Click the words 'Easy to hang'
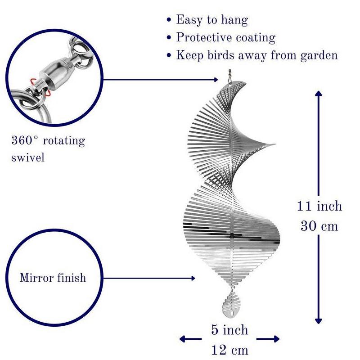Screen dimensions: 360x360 tap(211, 20)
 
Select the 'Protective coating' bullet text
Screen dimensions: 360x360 tap(225, 37)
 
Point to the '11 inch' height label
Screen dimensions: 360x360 tap(319, 206)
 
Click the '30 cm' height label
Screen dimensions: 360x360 tap(319, 225)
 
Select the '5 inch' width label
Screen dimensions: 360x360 tap(229, 330)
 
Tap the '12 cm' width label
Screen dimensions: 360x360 tap(229, 350)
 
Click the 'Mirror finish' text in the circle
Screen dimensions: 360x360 tap(53, 277)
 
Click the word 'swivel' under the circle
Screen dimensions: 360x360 tap(28, 158)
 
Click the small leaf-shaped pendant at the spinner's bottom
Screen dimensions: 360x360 tap(231, 304)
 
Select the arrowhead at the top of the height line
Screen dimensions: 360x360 tap(319, 94)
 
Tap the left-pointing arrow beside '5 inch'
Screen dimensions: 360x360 tap(183, 339)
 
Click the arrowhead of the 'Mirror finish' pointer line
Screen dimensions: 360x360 tap(193, 278)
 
